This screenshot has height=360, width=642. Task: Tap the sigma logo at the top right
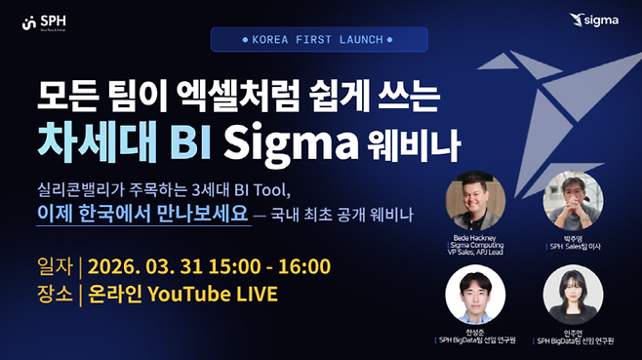(600, 19)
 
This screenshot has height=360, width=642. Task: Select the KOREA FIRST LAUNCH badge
(320, 40)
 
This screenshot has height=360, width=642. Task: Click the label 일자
(55, 266)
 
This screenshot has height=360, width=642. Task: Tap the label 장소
(55, 294)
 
